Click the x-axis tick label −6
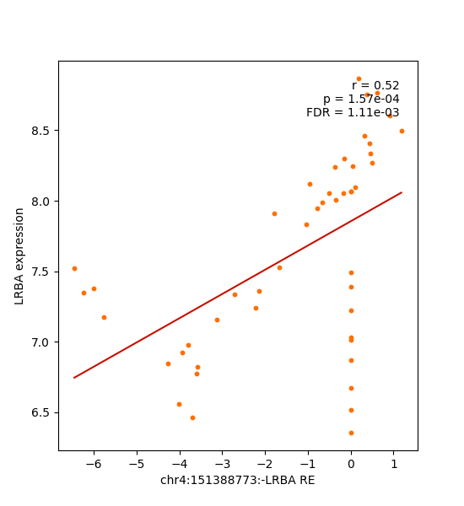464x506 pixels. [x=93, y=463]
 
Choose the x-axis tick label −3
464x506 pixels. [x=222, y=463]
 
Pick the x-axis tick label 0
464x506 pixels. [x=351, y=463]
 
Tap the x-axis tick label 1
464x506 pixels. [x=394, y=463]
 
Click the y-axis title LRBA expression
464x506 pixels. [x=19, y=256]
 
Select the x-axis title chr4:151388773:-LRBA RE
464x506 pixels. [x=238, y=480]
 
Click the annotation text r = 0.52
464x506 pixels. [x=375, y=86]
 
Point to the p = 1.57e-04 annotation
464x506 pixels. [x=361, y=100]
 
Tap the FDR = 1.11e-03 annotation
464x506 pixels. [x=353, y=113]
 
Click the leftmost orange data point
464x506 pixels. [x=74, y=268]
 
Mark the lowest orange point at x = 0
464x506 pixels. [x=351, y=433]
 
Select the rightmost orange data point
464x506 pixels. [x=402, y=131]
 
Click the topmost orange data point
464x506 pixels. [x=359, y=78]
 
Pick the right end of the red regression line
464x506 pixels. [x=402, y=192]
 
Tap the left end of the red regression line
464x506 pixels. [x=74, y=378]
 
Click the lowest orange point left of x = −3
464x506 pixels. [x=192, y=417]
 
